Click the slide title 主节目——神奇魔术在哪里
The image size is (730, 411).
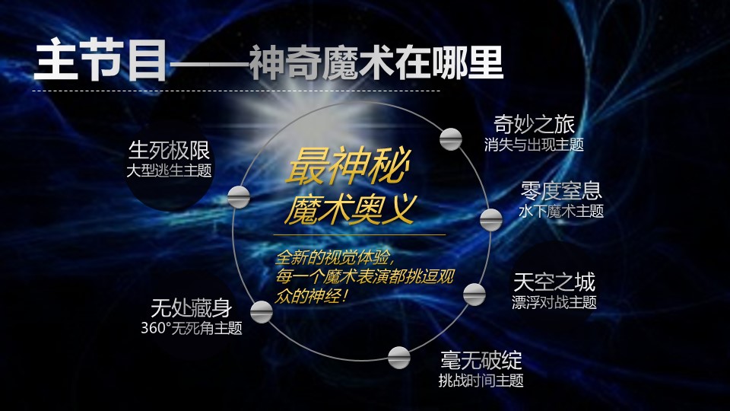(x=268, y=62)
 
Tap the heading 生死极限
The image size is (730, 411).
(x=169, y=150)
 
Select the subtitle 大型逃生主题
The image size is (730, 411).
(x=169, y=170)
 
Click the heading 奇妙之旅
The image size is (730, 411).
(x=534, y=124)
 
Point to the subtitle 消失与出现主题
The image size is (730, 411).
(x=534, y=145)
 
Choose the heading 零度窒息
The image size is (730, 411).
(x=561, y=190)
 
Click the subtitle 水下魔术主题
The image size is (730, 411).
(x=561, y=211)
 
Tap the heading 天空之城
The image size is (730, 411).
(x=554, y=282)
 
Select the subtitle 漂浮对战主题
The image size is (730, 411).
(x=554, y=302)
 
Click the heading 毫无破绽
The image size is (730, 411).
(x=481, y=360)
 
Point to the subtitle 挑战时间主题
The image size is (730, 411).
(x=481, y=381)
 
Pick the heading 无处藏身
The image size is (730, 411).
(x=192, y=308)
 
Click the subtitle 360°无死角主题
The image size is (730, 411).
(x=192, y=328)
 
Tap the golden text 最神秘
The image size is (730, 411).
(x=348, y=165)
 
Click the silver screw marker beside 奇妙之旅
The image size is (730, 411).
(x=451, y=139)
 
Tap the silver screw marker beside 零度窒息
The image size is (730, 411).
(x=490, y=219)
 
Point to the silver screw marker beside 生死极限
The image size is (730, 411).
(x=239, y=197)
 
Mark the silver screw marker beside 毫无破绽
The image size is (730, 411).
(x=399, y=358)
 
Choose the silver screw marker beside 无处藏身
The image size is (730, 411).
(x=261, y=312)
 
